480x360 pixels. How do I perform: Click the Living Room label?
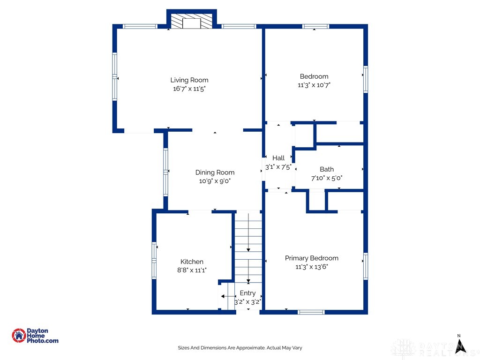(189, 80)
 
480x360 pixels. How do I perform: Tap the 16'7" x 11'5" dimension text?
(189, 89)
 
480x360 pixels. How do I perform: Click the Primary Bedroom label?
(312, 258)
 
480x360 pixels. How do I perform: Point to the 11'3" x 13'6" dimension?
(312, 267)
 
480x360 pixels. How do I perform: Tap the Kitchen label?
(192, 262)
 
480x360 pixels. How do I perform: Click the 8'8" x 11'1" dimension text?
(192, 270)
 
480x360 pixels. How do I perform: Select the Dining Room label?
(215, 172)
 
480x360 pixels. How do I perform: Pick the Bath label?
(327, 169)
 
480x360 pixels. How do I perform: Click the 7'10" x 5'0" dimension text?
(327, 178)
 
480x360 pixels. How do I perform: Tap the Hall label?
(278, 158)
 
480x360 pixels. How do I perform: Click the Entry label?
(247, 293)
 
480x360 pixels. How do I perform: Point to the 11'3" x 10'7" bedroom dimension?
(314, 85)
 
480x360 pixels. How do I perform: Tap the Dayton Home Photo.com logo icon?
(19, 336)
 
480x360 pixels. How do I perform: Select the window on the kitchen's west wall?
(154, 261)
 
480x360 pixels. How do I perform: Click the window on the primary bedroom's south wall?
(311, 312)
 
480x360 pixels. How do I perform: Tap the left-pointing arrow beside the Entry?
(228, 296)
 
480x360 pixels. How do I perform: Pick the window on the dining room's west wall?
(165, 172)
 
